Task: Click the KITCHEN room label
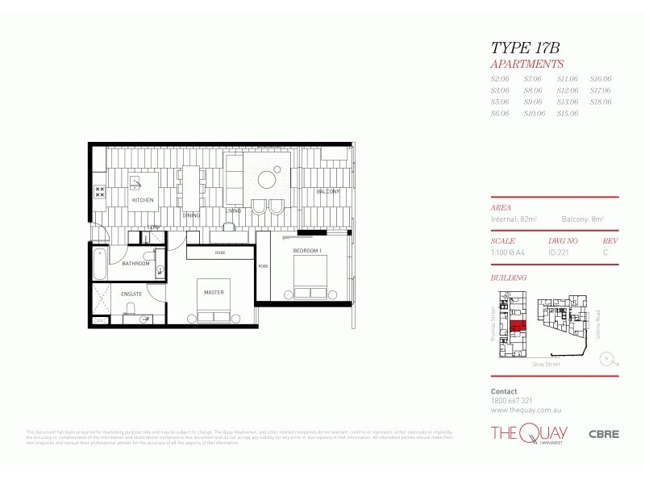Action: tap(143, 199)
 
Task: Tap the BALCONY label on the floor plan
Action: tap(327, 191)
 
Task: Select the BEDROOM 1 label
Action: tap(307, 250)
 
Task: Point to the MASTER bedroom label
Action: tap(214, 292)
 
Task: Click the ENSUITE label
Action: tap(131, 294)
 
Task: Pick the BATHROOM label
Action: tap(135, 264)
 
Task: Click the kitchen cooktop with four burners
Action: tap(101, 192)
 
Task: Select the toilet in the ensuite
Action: tap(144, 319)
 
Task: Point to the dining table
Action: tap(191, 185)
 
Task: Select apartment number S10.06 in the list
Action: tap(535, 114)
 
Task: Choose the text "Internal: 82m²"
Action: tap(514, 219)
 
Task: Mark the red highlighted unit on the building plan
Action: tap(517, 328)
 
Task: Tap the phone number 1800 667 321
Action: tap(511, 400)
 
